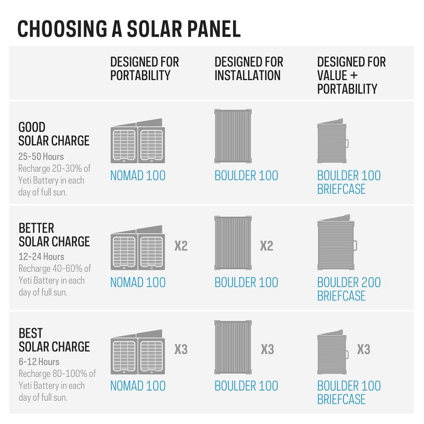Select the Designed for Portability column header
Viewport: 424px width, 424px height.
pos(144,69)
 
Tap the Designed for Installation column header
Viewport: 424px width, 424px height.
pos(249,69)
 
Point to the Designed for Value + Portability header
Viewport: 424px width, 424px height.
pos(351,75)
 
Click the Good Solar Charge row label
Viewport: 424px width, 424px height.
pos(54,134)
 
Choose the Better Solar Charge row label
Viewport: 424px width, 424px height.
pos(54,235)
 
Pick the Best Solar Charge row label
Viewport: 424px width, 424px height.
pos(54,340)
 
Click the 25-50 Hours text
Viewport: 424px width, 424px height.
pos(41,157)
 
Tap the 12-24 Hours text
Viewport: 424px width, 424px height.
pos(41,257)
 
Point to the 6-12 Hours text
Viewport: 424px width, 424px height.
pos(39,362)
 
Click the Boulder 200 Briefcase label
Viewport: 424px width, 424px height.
pos(349,289)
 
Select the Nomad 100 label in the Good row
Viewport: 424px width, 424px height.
pos(138,175)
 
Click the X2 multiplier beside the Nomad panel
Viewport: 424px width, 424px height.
pos(181,246)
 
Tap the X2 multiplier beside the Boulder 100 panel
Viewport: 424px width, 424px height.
pos(267,246)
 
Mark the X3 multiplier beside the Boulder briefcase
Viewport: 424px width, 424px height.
pos(364,349)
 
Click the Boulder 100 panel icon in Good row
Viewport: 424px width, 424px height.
pos(233,136)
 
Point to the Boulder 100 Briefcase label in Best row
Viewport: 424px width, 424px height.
pos(349,393)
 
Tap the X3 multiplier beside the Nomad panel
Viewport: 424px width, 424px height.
pos(181,349)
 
